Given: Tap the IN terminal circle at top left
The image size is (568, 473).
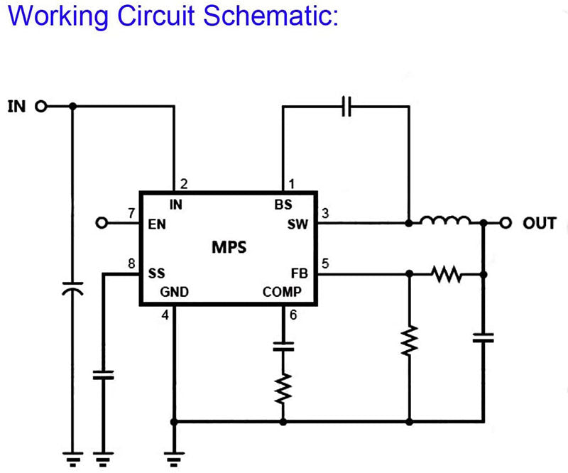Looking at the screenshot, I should (x=40, y=107).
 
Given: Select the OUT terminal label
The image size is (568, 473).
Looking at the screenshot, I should (x=540, y=224).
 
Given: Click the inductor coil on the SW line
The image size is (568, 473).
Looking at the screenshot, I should (x=444, y=222).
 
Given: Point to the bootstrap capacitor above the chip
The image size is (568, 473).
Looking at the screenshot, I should (x=346, y=107).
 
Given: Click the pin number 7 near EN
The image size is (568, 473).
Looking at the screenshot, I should (x=131, y=212).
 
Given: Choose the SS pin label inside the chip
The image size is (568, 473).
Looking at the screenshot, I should (x=156, y=273).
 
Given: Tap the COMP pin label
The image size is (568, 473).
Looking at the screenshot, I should (x=282, y=291).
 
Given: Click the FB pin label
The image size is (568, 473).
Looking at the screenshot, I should (x=299, y=273).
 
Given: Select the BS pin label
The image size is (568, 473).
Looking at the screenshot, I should (x=283, y=205).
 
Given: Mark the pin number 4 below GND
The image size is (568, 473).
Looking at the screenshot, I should (x=165, y=315).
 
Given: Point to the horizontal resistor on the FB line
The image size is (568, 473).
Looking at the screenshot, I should (x=447, y=273).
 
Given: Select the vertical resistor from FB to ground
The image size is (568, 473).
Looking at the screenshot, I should (x=409, y=340).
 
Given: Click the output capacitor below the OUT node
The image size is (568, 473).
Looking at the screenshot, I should (x=484, y=336).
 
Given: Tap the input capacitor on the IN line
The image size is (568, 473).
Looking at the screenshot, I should (x=72, y=290).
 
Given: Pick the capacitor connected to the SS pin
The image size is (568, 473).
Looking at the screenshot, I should (x=104, y=374).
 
